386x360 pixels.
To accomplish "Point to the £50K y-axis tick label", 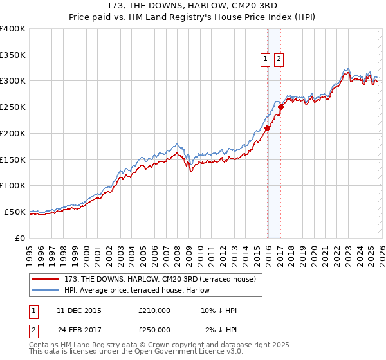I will (15, 212).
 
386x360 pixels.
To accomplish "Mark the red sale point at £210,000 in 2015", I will (267, 128).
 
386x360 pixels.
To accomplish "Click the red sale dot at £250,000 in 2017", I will (281, 107).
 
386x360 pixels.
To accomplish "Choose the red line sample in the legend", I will (46, 279).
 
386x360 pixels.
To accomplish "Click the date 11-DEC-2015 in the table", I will (80, 311).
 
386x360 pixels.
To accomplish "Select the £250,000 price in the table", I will (154, 330).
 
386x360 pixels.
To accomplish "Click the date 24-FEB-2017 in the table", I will (80, 330).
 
